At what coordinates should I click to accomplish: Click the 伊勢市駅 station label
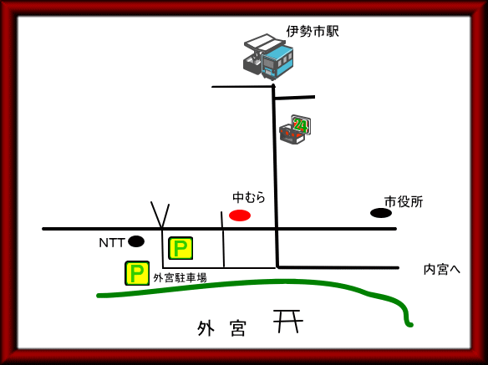(313, 32)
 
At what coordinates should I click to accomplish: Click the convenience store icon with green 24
(295, 129)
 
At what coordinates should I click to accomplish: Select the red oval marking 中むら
(240, 215)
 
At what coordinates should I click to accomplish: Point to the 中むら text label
(249, 197)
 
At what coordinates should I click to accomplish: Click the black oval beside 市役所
(381, 213)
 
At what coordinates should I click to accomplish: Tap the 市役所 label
(404, 202)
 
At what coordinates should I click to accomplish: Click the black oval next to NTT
(136, 241)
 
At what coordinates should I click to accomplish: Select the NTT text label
(112, 243)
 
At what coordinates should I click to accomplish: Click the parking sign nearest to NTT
(180, 248)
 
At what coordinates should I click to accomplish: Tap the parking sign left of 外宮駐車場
(137, 273)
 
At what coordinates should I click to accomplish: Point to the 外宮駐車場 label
(180, 277)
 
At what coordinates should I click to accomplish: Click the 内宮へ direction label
(442, 270)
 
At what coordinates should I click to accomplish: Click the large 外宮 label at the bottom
(221, 328)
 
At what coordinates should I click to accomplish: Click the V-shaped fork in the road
(160, 215)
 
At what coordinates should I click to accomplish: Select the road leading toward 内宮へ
(338, 267)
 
